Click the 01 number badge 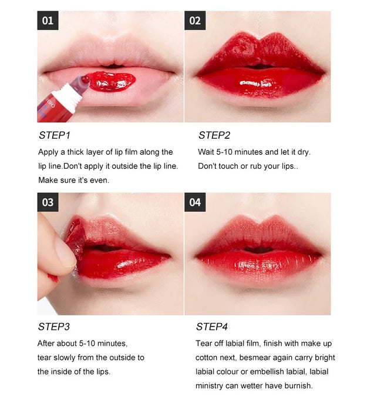coord(48,21)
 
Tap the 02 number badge coord(195,21)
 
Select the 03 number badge coord(48,202)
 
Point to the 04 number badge coord(195,202)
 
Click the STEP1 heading coord(55,135)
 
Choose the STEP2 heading coord(214,135)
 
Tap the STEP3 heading coord(55,327)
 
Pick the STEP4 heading coord(212,327)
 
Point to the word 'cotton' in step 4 coord(208,357)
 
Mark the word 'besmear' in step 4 coord(253,357)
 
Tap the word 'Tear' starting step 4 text coord(205,343)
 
